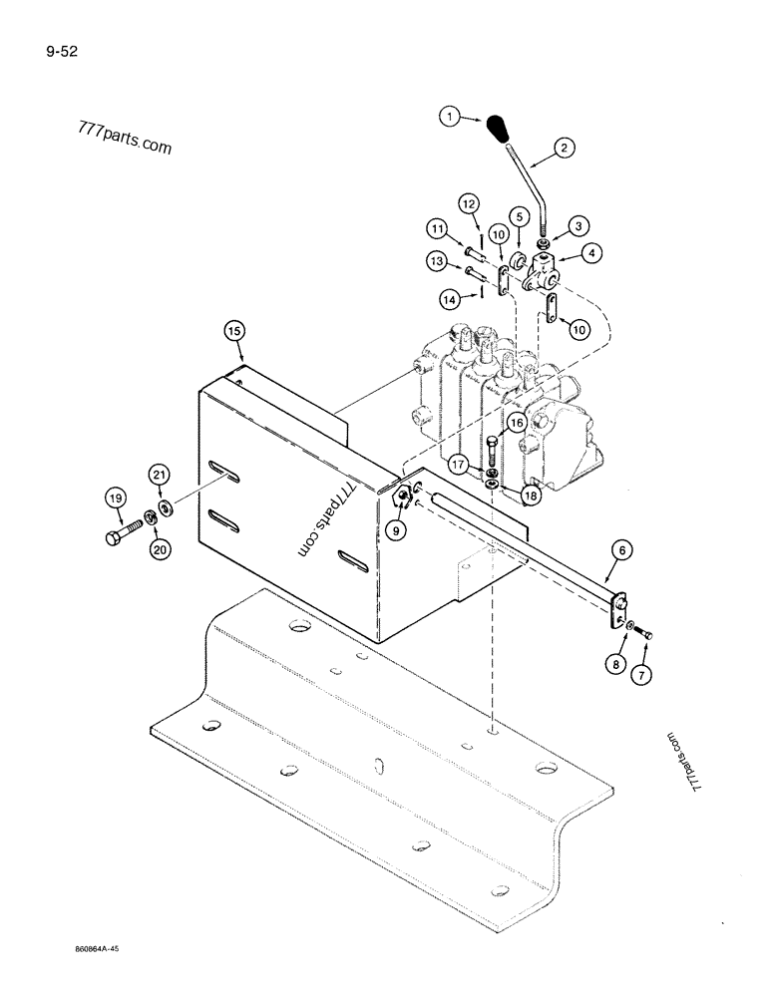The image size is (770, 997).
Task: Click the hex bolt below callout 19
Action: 116,538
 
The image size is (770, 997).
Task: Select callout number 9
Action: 397,531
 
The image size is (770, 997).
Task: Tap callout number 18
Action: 530,494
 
